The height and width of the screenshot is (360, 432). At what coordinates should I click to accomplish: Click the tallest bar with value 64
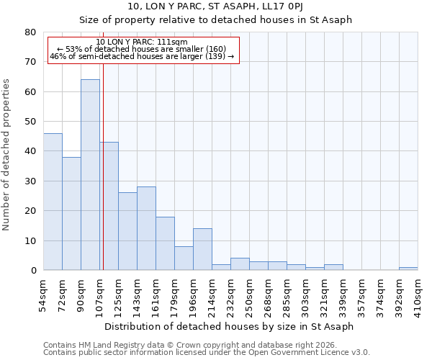(x=90, y=175)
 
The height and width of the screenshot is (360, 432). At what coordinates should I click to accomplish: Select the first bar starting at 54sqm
(x=53, y=202)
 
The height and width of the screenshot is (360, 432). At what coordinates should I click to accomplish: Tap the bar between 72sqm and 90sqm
(x=71, y=213)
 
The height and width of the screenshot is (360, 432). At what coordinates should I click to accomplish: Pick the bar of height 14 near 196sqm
(x=202, y=249)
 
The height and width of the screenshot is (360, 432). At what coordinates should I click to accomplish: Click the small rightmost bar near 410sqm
(x=408, y=269)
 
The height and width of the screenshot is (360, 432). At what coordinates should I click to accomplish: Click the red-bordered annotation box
(x=143, y=50)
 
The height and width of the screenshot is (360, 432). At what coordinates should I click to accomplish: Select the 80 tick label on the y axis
(x=30, y=32)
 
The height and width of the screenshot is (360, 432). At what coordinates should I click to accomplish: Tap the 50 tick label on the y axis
(x=30, y=122)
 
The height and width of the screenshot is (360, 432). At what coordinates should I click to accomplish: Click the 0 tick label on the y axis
(x=32, y=271)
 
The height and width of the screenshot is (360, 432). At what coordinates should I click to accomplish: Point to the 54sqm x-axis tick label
(x=44, y=292)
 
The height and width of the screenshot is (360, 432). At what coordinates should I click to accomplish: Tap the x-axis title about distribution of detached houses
(x=229, y=326)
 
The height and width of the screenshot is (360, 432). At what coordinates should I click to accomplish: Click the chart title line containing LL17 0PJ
(x=215, y=7)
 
